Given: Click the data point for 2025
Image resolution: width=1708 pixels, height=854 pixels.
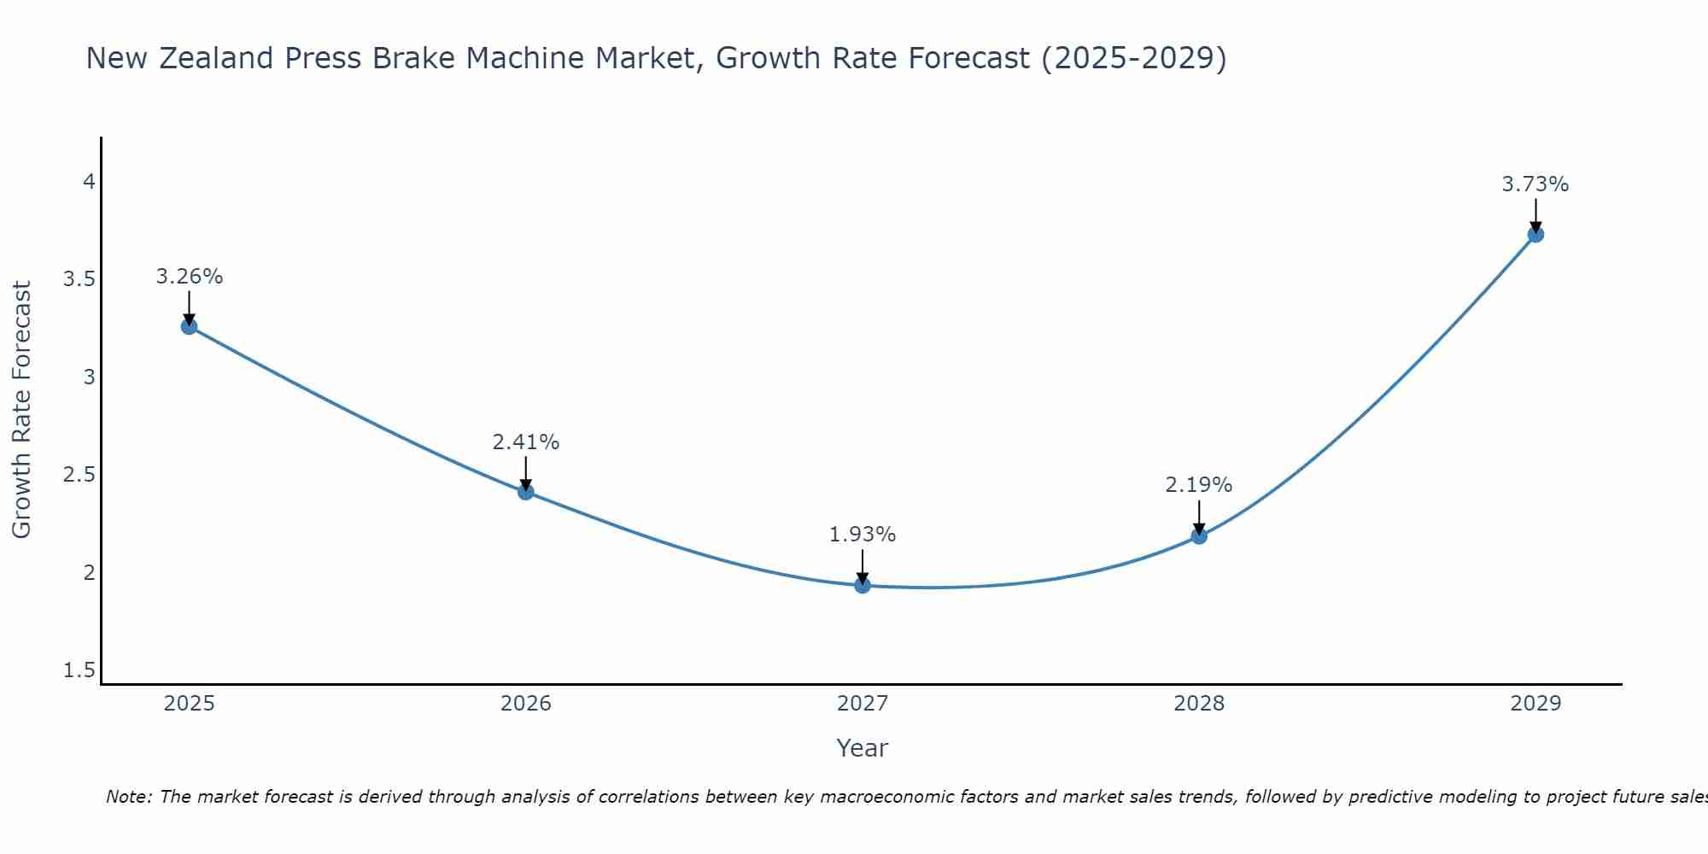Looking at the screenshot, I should [190, 326].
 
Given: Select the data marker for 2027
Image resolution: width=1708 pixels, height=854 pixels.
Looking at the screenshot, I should [863, 585].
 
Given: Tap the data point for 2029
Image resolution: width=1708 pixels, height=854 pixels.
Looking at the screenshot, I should [1535, 234].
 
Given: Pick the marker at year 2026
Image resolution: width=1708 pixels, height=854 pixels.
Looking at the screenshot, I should [526, 492].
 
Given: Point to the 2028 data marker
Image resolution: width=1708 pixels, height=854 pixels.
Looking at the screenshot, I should [1199, 535].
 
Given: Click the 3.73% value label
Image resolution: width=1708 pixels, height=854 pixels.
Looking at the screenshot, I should [1535, 184].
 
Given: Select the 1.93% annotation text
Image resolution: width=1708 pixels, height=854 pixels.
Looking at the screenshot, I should [862, 535].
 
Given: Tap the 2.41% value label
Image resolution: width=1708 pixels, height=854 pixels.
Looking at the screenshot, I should [525, 442].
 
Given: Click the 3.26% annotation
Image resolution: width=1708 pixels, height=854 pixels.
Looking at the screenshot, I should [189, 277].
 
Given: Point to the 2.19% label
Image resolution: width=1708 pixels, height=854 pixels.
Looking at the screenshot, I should [1198, 485].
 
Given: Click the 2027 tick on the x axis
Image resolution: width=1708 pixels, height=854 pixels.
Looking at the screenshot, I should [863, 704].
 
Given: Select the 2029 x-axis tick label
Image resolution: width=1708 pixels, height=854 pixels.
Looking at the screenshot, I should [1535, 704].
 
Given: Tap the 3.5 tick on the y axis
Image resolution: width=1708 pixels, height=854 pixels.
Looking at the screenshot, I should [79, 279].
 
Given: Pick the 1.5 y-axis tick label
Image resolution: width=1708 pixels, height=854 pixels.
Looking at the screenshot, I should [79, 670].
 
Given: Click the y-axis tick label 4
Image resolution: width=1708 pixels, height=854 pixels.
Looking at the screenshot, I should [89, 181].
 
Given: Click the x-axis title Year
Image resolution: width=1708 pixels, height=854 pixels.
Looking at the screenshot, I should [862, 748].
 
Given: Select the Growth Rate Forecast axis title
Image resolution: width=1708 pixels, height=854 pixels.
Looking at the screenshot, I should [21, 409].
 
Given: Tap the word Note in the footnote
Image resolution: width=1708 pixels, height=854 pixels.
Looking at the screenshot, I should [128, 797].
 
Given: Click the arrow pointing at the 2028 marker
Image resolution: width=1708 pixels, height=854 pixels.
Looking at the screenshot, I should [1199, 517].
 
